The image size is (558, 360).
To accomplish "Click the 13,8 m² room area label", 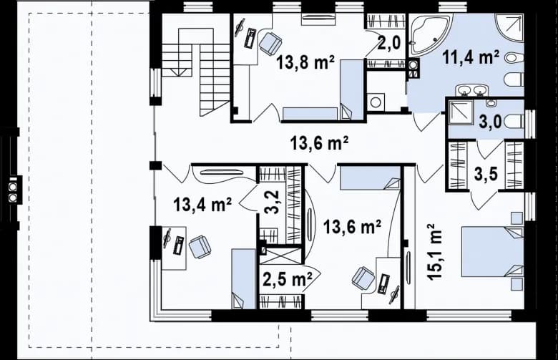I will [x=305, y=63].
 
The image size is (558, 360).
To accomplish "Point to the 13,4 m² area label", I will [x=202, y=206].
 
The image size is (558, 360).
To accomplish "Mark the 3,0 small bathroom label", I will [x=489, y=120].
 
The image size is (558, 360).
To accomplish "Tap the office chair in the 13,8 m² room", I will [x=270, y=43].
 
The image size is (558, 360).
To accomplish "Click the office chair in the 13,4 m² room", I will [x=200, y=247].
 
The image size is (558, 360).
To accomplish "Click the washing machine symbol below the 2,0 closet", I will [x=376, y=102].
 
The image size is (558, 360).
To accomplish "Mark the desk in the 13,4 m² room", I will [x=173, y=247].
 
